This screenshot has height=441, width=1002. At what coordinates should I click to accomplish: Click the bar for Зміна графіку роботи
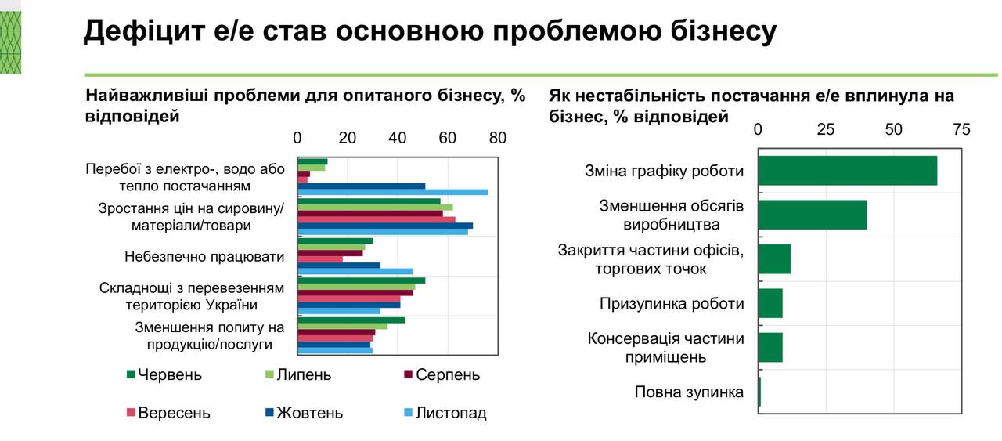pos(847,171)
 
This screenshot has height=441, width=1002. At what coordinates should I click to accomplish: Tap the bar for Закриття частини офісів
pos(774,258)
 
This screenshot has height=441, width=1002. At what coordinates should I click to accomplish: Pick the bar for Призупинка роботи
pos(770,303)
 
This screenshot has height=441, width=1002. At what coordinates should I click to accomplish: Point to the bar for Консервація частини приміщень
pos(770,347)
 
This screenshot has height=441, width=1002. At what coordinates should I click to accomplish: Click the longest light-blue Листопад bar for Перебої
pos(392,192)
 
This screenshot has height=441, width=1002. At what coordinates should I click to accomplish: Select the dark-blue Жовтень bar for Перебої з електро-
pos(361,186)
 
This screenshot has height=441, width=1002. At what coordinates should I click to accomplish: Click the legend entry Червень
pos(164,374)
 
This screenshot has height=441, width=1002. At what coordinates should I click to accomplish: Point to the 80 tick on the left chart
pos(498,138)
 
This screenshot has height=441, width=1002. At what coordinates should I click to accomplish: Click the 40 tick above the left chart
pos(398,138)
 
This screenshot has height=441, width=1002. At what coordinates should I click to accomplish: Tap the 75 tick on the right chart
pos(961,130)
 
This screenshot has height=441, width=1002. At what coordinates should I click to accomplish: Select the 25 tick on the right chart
pos(826,130)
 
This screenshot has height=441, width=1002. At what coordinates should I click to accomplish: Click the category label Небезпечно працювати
pos(204,256)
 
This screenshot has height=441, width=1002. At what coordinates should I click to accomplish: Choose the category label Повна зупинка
pos(689,392)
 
